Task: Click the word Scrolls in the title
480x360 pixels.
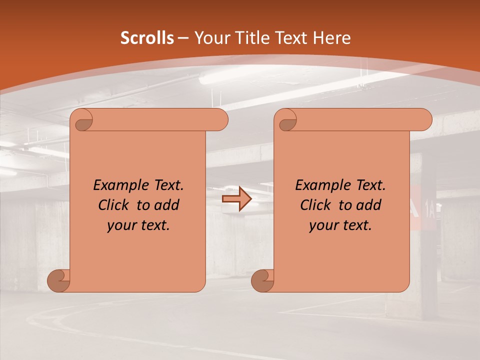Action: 147,38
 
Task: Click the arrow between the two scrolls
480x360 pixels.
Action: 236,199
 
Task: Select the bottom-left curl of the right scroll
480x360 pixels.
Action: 263,280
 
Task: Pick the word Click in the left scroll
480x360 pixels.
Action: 114,205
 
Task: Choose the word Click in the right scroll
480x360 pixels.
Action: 315,205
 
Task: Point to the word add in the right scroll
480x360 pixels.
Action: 370,205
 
